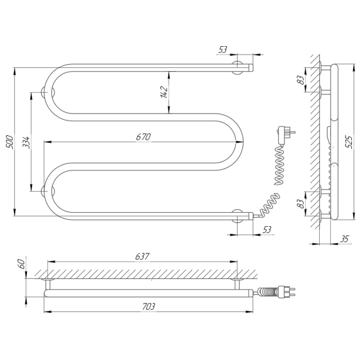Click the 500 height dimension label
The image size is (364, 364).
[x=10, y=142]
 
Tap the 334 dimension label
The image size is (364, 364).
[x=26, y=142]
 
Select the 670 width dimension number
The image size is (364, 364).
[x=144, y=137]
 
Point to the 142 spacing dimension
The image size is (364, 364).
[x=164, y=92]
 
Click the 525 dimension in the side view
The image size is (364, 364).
[x=349, y=142]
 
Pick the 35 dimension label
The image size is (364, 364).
[x=345, y=238]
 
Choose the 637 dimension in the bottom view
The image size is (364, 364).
[x=142, y=256]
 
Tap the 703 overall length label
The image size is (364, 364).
[x=148, y=306]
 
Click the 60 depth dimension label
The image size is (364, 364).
[x=21, y=264]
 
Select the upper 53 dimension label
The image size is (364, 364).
[x=223, y=49]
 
